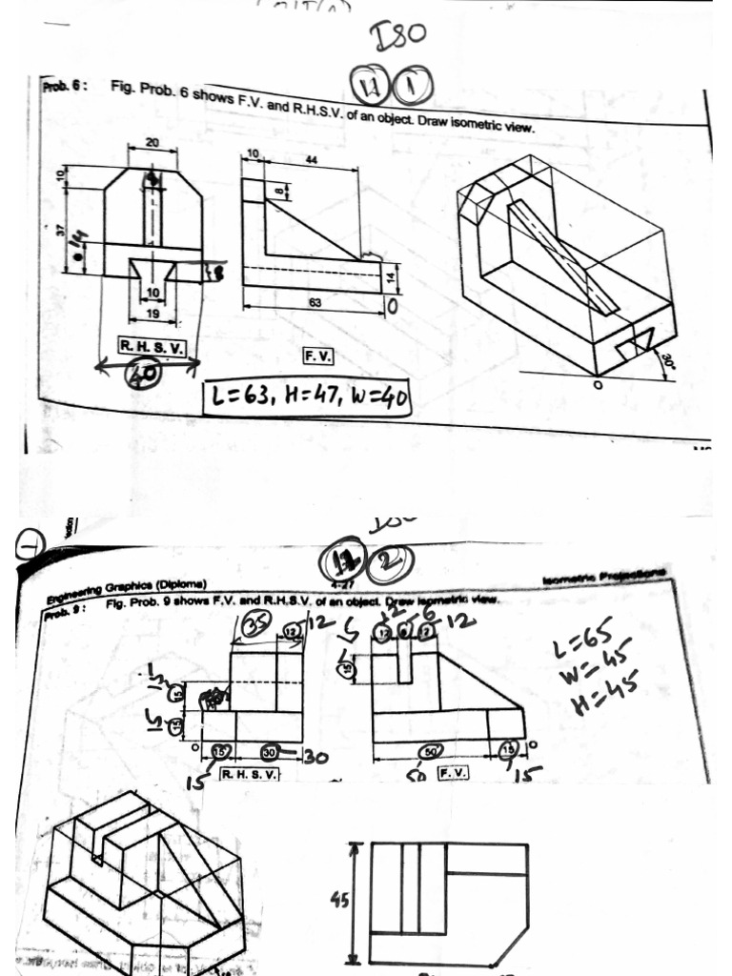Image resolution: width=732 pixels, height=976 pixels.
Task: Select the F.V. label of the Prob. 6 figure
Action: (317, 356)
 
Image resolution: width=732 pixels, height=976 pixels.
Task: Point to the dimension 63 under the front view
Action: (314, 303)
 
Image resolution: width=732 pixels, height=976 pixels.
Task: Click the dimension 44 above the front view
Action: (311, 159)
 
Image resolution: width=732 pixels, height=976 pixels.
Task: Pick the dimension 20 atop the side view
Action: (152, 141)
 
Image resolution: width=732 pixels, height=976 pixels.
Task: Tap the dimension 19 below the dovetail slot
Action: (152, 313)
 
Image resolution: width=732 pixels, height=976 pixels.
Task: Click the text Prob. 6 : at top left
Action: (66, 85)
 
